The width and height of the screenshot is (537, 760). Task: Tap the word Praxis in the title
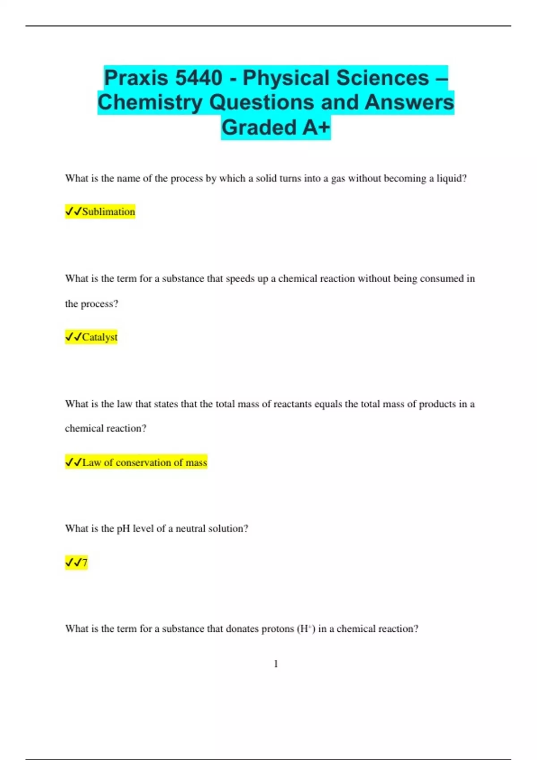[x=136, y=78]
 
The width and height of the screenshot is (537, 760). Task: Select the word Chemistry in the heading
[x=150, y=102]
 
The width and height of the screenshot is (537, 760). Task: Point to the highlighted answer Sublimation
[x=108, y=211]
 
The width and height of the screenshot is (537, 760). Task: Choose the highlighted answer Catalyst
[x=99, y=337]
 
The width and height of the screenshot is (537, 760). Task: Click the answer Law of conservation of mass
[x=145, y=462]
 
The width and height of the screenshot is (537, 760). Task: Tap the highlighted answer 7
[x=85, y=562]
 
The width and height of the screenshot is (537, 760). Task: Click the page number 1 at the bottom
[x=276, y=664]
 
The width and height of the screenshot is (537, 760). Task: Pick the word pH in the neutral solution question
[x=124, y=528]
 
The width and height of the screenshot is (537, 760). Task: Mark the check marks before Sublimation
[x=73, y=211]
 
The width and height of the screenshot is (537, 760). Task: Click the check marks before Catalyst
[x=73, y=337]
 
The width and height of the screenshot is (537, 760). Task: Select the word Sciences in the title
[x=382, y=78]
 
